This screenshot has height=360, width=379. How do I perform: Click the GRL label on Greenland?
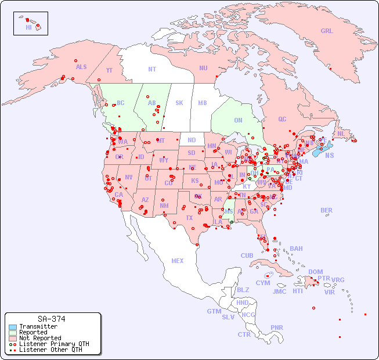(x=327, y=31)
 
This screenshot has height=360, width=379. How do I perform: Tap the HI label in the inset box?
(x=28, y=27)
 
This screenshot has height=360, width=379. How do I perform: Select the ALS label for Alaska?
(x=81, y=67)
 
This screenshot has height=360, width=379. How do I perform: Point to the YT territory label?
(x=109, y=70)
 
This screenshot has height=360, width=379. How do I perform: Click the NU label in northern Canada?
(x=203, y=68)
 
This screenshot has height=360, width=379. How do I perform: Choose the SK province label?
(x=179, y=103)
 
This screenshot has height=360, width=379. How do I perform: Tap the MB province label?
(x=202, y=103)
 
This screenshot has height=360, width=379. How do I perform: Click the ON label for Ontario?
(x=238, y=120)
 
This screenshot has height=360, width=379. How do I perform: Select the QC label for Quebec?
(x=282, y=119)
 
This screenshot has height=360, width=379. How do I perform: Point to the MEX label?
(x=178, y=261)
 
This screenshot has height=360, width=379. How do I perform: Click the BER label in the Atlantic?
(x=326, y=210)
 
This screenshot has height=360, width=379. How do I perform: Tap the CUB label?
(x=247, y=255)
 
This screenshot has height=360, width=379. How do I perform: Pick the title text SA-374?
(x=51, y=319)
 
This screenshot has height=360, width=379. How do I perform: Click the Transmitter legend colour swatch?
(x=12, y=327)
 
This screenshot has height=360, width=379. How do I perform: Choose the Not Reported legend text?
(x=40, y=338)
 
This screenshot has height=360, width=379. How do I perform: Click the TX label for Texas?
(x=189, y=218)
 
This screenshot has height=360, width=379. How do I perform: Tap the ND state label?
(x=192, y=140)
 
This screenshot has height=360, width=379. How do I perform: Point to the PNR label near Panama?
(x=277, y=327)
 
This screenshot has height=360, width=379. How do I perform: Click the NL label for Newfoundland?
(x=341, y=133)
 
